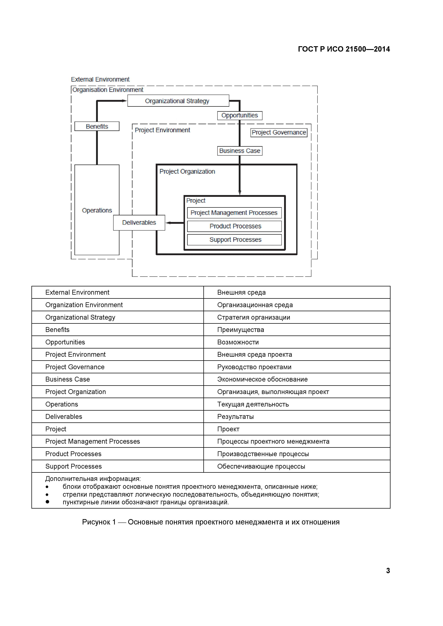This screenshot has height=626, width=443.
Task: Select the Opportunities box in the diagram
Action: pos(239,116)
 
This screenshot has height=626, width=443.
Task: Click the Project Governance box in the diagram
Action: pos(279,133)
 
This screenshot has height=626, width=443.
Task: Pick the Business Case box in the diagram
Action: pos(239,151)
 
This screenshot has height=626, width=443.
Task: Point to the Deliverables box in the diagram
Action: pos(139,223)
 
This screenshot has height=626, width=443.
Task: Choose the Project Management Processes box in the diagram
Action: pos(234,213)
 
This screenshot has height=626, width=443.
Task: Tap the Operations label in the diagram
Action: pos(97,211)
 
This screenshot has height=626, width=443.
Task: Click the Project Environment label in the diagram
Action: pos(162,130)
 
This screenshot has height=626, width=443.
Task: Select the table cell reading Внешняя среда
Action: pos(241,292)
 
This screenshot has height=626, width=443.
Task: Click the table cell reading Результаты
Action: pos(235,417)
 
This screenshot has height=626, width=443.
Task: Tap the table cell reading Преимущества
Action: pos(240,330)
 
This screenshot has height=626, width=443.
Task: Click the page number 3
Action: pos(388,571)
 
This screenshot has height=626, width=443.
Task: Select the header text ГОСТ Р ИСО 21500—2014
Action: pos(344,49)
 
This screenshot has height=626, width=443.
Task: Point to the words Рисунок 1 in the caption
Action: pos(99,522)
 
